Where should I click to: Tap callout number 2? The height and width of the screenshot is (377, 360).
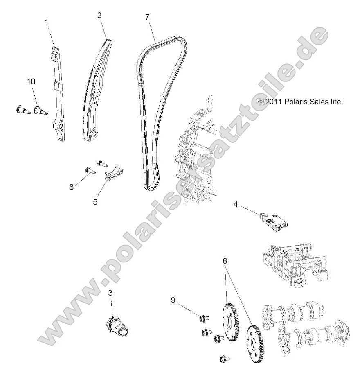point(99,15)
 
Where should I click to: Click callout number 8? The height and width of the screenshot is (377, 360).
point(72,187)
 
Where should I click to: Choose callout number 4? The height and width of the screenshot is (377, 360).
point(236,203)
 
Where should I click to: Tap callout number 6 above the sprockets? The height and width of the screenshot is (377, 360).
point(225,260)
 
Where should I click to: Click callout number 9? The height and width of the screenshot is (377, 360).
point(173,300)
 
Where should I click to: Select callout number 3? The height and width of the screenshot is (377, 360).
point(110,292)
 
